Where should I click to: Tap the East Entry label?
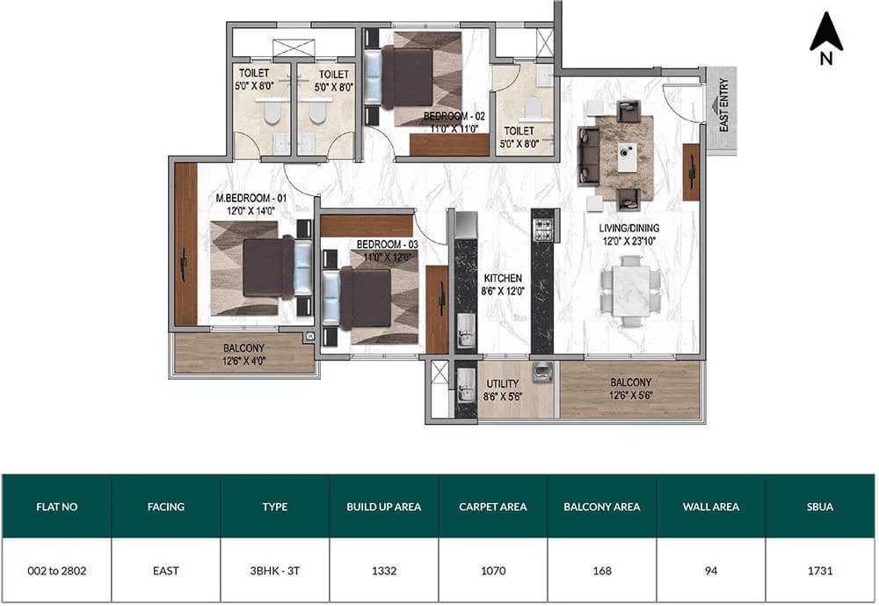723,106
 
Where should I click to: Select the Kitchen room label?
503,278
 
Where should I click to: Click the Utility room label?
502,383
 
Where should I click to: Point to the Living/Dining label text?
629,229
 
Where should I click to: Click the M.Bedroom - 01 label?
251,198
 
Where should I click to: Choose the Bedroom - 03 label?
388,245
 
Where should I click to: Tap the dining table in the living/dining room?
631,290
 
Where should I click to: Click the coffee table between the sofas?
628,157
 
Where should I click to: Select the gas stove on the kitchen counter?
542,230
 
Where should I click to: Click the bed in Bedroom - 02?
412,78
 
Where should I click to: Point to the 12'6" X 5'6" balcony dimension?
630,396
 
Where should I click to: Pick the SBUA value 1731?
820,571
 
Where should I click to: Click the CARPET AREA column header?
493,507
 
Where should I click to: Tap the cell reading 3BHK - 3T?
274,571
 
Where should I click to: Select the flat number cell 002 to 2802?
56,571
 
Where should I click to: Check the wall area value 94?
711,571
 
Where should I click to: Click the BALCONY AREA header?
601,507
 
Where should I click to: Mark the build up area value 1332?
384,571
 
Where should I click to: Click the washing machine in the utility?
542,371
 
